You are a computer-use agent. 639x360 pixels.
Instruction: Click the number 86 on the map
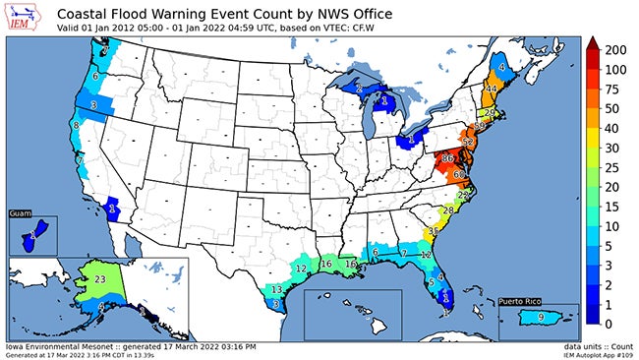(x=448, y=157)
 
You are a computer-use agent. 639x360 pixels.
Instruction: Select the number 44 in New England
(x=491, y=89)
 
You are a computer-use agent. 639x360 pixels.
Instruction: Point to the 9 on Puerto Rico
(x=540, y=317)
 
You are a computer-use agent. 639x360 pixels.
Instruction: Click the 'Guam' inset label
(x=21, y=213)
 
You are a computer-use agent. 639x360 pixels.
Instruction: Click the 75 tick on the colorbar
(x=610, y=89)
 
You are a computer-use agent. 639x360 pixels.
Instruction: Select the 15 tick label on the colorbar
(x=610, y=207)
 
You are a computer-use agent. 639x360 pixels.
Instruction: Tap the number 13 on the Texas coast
(x=277, y=289)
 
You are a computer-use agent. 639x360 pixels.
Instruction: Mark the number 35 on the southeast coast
(x=434, y=230)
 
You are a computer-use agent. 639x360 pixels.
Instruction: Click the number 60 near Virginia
(x=460, y=174)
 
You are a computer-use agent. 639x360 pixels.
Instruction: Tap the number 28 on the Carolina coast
(x=448, y=210)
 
